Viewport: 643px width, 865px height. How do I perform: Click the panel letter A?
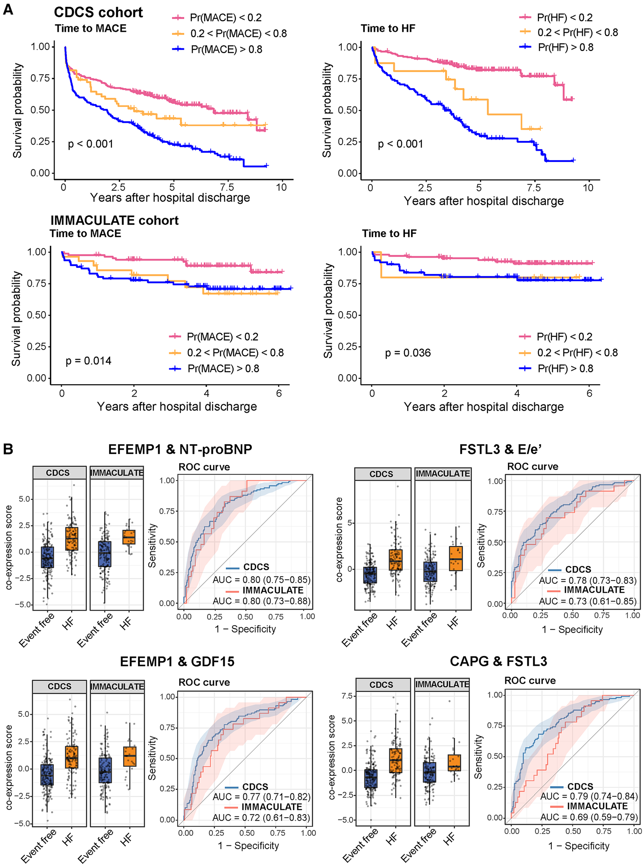(x=8, y=9)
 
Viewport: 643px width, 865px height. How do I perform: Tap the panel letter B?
(x=8, y=449)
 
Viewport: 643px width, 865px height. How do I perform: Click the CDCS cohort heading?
(x=98, y=12)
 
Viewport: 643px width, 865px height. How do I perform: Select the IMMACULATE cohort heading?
(x=114, y=220)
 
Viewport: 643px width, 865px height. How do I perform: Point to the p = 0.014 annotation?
(x=88, y=361)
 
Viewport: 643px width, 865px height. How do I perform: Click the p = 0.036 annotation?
(x=408, y=353)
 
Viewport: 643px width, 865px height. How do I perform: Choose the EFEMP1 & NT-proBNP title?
(x=180, y=450)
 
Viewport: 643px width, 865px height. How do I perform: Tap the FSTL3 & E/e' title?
(x=500, y=450)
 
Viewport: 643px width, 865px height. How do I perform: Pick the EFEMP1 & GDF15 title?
(x=177, y=662)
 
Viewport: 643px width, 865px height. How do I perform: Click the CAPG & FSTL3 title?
(x=498, y=661)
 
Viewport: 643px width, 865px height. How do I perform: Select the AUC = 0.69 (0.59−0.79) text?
(x=589, y=817)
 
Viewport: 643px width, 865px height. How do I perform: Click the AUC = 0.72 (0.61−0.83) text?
(x=261, y=818)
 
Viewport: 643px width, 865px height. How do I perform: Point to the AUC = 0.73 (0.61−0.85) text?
(x=588, y=601)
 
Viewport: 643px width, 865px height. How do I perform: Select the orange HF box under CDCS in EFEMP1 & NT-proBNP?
(x=72, y=539)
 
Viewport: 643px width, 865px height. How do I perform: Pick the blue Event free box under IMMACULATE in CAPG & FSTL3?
(x=429, y=772)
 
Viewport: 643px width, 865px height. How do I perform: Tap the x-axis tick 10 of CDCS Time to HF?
(x=588, y=188)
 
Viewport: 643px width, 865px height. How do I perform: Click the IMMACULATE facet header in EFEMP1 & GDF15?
(x=117, y=687)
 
